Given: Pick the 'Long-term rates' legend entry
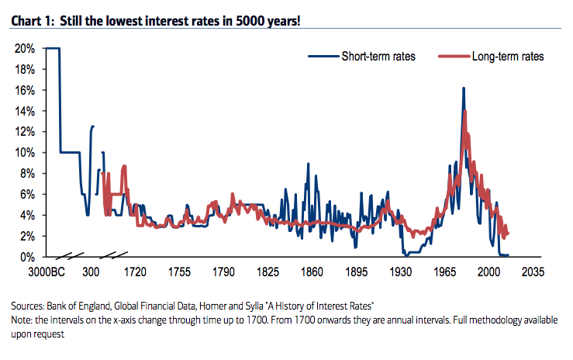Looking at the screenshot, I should click(508, 57).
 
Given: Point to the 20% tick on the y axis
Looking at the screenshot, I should click(24, 48).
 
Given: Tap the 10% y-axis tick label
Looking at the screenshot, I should click(24, 152).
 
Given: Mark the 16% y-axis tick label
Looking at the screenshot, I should click(24, 90).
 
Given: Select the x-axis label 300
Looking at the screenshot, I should click(91, 272).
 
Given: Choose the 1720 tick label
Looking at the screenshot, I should click(135, 272).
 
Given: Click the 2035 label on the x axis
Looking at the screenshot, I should click(533, 272).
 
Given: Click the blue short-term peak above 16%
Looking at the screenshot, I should click(463, 88).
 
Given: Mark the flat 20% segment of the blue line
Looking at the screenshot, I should click(53, 49).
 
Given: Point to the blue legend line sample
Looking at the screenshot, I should click(323, 57).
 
